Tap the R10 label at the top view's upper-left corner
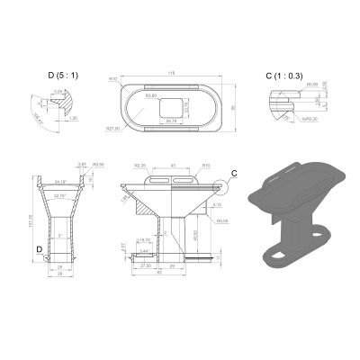114,79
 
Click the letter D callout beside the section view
39,246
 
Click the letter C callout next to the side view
234,172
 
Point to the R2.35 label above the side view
139,166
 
